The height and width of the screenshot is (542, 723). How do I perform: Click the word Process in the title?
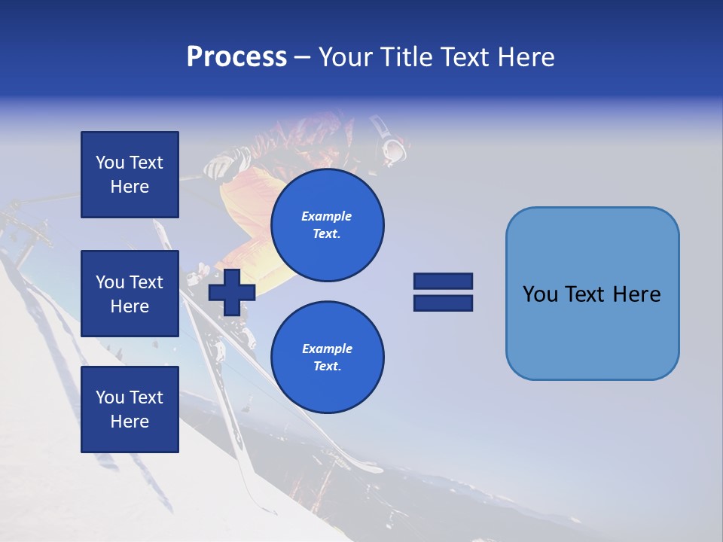point(236,57)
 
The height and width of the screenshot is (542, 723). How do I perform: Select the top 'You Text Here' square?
point(130,175)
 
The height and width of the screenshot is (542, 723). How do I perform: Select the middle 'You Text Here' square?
point(130,294)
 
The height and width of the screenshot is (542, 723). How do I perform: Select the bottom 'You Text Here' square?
point(130,410)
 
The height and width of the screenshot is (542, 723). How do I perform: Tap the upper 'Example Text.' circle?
point(327,225)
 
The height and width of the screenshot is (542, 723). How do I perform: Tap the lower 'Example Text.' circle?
point(327,358)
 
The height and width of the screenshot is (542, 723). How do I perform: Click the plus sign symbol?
point(232,291)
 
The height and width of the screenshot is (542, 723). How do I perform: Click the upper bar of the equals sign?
point(443,281)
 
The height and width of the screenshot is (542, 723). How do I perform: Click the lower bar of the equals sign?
point(443,303)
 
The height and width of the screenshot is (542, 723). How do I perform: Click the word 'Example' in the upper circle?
point(327,216)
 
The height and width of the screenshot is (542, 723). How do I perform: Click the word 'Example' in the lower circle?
point(327,349)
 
